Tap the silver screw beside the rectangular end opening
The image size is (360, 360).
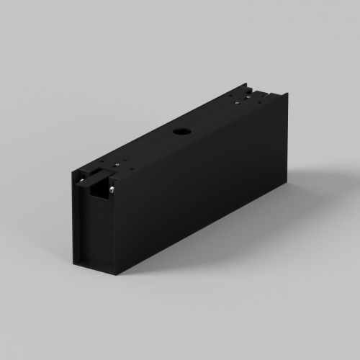click(x=114, y=189)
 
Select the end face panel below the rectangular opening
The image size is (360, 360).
click(x=94, y=230)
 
